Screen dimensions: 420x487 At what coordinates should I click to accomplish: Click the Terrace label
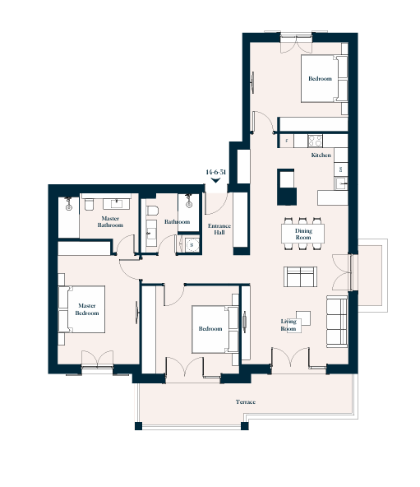(x=246, y=402)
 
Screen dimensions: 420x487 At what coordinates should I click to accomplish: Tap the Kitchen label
(x=321, y=155)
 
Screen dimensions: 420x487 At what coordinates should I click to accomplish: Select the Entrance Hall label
(x=219, y=229)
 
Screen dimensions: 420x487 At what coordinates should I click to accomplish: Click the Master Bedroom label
(x=87, y=309)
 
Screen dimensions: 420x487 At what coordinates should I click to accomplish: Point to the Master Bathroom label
(x=110, y=222)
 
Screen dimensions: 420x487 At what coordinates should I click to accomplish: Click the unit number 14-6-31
(x=215, y=172)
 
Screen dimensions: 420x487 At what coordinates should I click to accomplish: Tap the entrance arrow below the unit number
(x=215, y=180)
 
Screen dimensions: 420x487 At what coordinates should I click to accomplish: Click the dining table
(x=302, y=234)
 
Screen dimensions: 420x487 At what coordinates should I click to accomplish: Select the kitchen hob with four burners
(x=315, y=141)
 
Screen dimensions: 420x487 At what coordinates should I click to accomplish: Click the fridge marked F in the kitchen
(x=287, y=141)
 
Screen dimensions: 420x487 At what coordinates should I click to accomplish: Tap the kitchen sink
(x=341, y=183)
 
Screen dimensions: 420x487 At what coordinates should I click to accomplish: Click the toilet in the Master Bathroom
(x=89, y=205)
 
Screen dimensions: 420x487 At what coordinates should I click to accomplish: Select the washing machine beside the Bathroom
(x=192, y=245)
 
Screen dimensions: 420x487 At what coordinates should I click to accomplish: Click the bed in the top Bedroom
(x=324, y=79)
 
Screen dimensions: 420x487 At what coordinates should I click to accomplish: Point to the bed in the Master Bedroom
(x=81, y=309)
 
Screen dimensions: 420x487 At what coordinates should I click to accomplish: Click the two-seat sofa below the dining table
(x=300, y=276)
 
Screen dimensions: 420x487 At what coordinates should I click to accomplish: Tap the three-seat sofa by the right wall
(x=337, y=322)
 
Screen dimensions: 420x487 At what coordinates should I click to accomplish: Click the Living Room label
(x=288, y=325)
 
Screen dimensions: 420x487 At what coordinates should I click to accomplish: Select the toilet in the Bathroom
(x=152, y=211)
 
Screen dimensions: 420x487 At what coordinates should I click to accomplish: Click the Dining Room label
(x=303, y=234)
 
